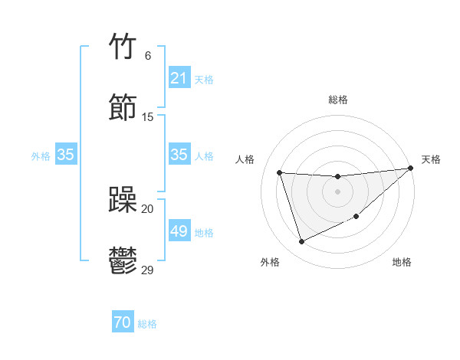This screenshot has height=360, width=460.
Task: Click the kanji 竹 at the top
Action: pyautogui.click(x=123, y=47)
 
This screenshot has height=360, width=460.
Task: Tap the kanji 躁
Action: pyautogui.click(x=123, y=200)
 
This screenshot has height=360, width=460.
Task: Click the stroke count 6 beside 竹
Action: pyautogui.click(x=147, y=56)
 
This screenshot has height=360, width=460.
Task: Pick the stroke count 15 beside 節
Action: pyautogui.click(x=148, y=116)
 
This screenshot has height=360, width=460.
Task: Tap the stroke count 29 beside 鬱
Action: pyautogui.click(x=148, y=270)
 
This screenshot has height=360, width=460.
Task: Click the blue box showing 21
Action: pyautogui.click(x=179, y=78)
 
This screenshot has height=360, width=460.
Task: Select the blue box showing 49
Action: pyautogui.click(x=179, y=231)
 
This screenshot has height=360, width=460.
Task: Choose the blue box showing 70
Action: pyautogui.click(x=123, y=323)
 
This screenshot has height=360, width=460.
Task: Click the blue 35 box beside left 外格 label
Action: pyautogui.click(x=66, y=155)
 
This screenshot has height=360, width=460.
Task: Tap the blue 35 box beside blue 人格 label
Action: pyautogui.click(x=179, y=155)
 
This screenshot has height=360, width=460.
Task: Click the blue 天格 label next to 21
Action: pyautogui.click(x=204, y=79)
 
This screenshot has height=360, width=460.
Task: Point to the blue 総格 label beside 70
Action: pyautogui.click(x=147, y=324)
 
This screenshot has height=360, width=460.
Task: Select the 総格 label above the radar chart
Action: pyautogui.click(x=337, y=100)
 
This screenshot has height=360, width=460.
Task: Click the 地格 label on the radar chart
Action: pyautogui.click(x=402, y=263)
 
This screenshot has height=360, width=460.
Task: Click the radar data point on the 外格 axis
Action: pyautogui.click(x=301, y=242)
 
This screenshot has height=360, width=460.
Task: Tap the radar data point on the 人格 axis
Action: pyautogui.click(x=280, y=172)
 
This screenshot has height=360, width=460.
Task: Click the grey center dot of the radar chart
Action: pyautogui.click(x=337, y=191)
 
